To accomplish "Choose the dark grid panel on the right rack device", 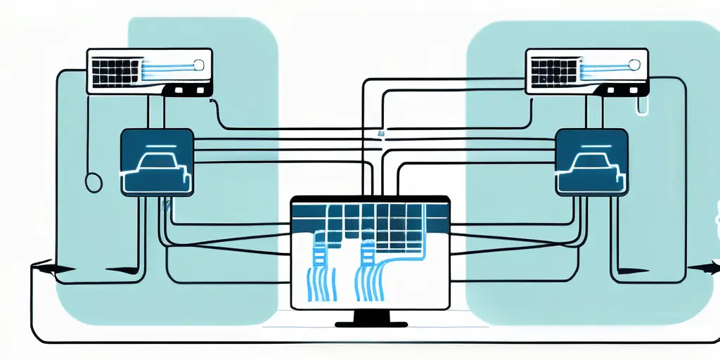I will click(x=551, y=71).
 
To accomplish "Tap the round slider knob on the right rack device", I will click(x=636, y=65).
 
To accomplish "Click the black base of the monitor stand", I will click(x=371, y=324).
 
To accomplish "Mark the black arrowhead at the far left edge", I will click(x=46, y=268).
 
